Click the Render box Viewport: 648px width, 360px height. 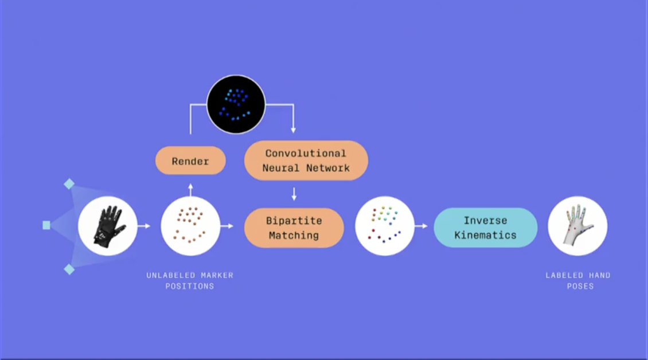[x=190, y=161]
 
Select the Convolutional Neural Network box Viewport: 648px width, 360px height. [x=306, y=161]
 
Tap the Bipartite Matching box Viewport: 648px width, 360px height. [x=294, y=228]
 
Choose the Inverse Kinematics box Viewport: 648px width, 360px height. [x=485, y=228]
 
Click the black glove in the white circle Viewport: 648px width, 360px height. [x=108, y=226]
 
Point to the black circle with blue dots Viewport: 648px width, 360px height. [x=236, y=104]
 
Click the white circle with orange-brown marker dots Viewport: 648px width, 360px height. [x=190, y=226]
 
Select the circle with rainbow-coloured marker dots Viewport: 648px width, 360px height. [x=385, y=226]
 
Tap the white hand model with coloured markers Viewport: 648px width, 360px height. [x=577, y=226]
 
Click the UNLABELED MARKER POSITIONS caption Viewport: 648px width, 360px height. [x=190, y=280]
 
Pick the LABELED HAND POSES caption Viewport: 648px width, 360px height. [x=577, y=280]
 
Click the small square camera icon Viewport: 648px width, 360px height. [x=46, y=225]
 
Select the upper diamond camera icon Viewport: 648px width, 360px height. [x=69, y=184]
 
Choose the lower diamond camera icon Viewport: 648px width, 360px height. [x=69, y=269]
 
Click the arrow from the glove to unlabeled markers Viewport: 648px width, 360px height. [x=144, y=226]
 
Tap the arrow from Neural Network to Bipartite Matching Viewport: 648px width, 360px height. [x=294, y=193]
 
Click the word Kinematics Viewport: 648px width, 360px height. [x=485, y=235]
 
